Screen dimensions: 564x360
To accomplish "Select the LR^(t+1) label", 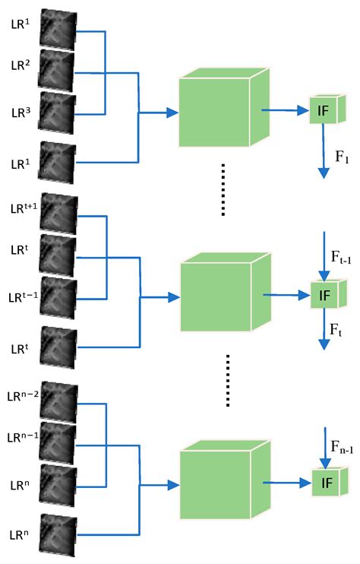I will tap(23, 208).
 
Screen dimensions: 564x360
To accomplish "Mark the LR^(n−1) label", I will tap(23, 438).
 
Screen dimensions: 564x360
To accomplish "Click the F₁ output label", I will tap(340, 158).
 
